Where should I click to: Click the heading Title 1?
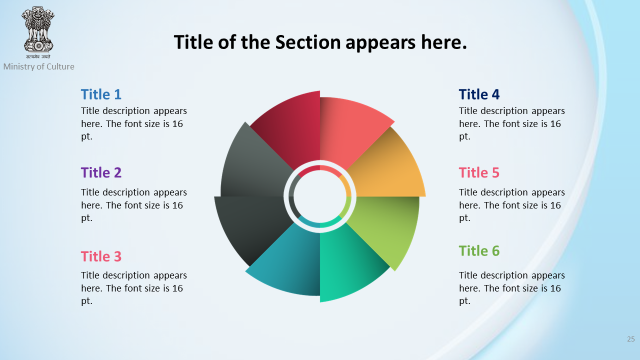point(101,94)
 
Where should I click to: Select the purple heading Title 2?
point(101,172)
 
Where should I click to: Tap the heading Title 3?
point(101,256)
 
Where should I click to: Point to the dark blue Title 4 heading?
point(479,94)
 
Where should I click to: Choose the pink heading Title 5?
point(479,172)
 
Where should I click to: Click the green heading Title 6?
point(479,251)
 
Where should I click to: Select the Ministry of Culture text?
point(39,66)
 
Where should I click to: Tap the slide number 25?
point(631,339)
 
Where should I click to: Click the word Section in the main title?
point(308,42)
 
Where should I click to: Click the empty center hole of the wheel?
point(320,196)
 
